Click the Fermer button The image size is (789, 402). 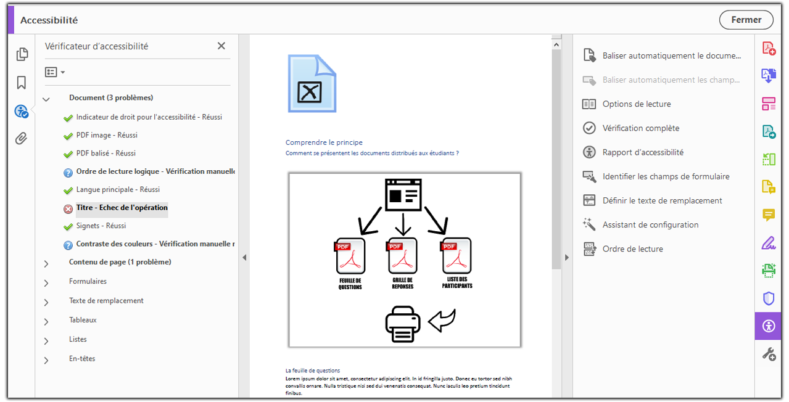click(746, 20)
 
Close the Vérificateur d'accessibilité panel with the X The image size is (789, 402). click(221, 46)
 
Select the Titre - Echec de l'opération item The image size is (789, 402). click(122, 208)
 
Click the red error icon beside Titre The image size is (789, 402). click(68, 209)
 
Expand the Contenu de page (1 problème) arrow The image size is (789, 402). click(46, 263)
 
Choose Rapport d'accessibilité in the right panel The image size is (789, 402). click(643, 152)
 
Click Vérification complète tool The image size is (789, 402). click(640, 128)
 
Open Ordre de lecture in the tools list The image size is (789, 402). click(632, 249)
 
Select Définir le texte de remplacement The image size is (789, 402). click(662, 200)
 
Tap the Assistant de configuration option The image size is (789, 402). click(650, 225)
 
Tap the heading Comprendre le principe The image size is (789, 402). click(324, 142)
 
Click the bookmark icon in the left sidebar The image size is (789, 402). click(22, 83)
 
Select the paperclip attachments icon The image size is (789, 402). click(22, 138)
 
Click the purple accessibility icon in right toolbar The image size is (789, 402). click(768, 326)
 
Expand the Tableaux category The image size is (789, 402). click(46, 321)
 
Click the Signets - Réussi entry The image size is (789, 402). click(101, 226)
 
